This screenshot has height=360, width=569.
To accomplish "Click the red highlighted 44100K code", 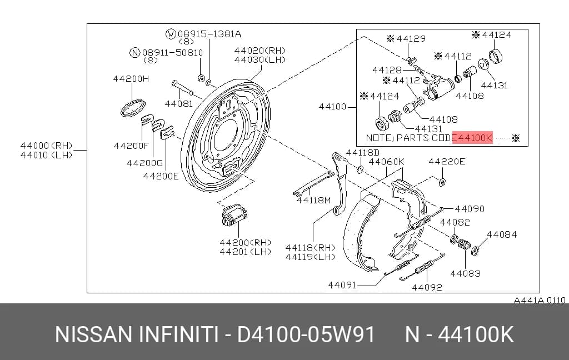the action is [x=472, y=138].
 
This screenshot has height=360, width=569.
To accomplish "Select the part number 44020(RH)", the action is [x=260, y=51].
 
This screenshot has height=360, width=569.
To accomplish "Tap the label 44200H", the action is [x=131, y=78].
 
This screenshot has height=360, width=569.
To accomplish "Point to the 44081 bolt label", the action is [x=179, y=104].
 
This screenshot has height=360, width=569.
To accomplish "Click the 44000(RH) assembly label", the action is [x=47, y=146].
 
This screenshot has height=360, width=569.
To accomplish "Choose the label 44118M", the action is [x=314, y=200].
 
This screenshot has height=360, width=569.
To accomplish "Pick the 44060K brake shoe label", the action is [x=387, y=162].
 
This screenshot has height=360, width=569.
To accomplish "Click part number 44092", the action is [x=427, y=287].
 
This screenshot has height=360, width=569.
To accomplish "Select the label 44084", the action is [x=502, y=234].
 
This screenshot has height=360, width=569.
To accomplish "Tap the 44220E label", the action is [x=447, y=161].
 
